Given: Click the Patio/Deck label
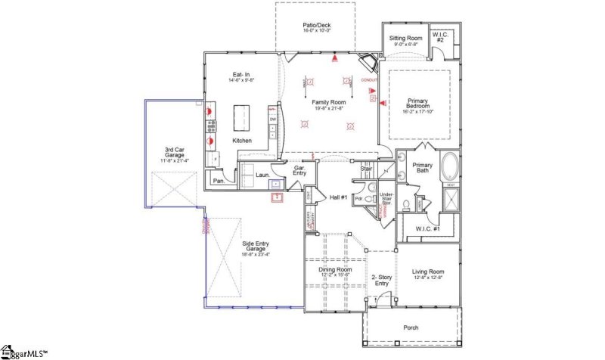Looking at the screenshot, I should [x=316, y=25].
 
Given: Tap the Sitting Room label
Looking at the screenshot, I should [x=405, y=37].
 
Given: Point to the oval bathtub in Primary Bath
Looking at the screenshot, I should [x=449, y=164].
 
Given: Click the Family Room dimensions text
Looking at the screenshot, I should [x=328, y=108].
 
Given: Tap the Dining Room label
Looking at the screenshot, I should [x=334, y=270].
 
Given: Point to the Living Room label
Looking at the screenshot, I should [x=427, y=272].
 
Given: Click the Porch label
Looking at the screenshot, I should [x=410, y=328].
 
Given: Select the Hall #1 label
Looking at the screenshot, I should [x=337, y=197].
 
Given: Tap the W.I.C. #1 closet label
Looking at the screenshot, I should [x=428, y=228].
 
